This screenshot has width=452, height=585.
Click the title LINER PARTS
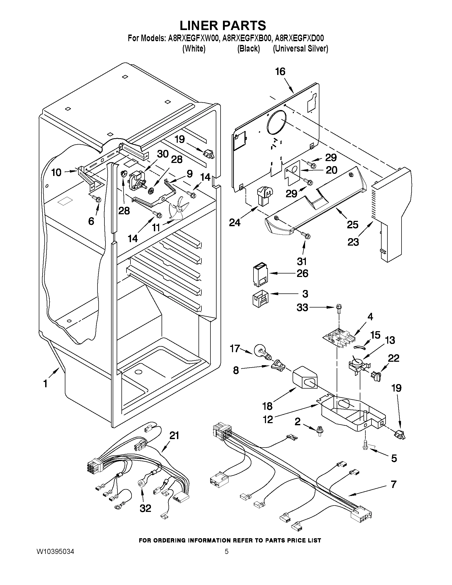pyautogui.click(x=223, y=26)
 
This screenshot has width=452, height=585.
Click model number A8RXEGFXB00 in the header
pyautogui.click(x=246, y=38)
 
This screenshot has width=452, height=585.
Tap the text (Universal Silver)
pyautogui.click(x=300, y=49)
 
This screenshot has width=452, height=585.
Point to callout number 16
pyautogui.click(x=280, y=72)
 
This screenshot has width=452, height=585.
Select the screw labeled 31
pyautogui.click(x=306, y=236)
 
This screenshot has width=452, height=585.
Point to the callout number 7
pyautogui.click(x=393, y=484)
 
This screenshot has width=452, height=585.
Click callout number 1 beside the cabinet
pyautogui.click(x=45, y=384)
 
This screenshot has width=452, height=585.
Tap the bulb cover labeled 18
pyautogui.click(x=305, y=378)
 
